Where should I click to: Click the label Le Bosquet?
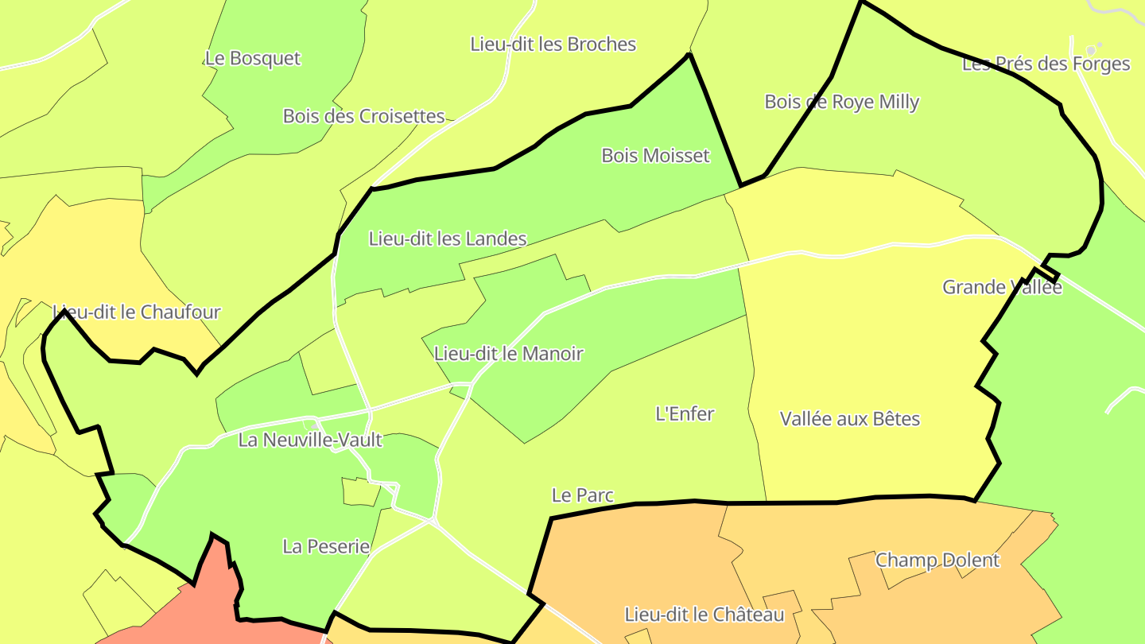click(x=253, y=58)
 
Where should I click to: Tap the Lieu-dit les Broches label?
click(x=553, y=44)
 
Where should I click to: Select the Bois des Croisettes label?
click(x=363, y=116)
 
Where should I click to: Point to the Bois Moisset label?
click(x=655, y=155)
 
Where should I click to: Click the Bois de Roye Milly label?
click(x=841, y=102)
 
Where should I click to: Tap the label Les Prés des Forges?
click(x=1046, y=64)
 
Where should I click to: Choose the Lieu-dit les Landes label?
click(x=448, y=239)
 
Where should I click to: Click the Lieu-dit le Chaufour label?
click(x=136, y=312)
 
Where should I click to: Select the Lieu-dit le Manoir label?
click(x=509, y=354)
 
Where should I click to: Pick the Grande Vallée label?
click(x=1002, y=287)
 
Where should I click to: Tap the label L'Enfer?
click(x=685, y=413)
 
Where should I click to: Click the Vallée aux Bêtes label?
click(x=849, y=419)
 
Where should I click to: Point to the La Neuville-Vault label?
click(x=310, y=440)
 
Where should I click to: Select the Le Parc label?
click(x=583, y=495)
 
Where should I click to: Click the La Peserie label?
click(x=326, y=546)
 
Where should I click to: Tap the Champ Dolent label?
click(x=937, y=560)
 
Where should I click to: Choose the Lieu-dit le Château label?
click(x=704, y=615)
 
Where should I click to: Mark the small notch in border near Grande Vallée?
click(x=1048, y=274)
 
